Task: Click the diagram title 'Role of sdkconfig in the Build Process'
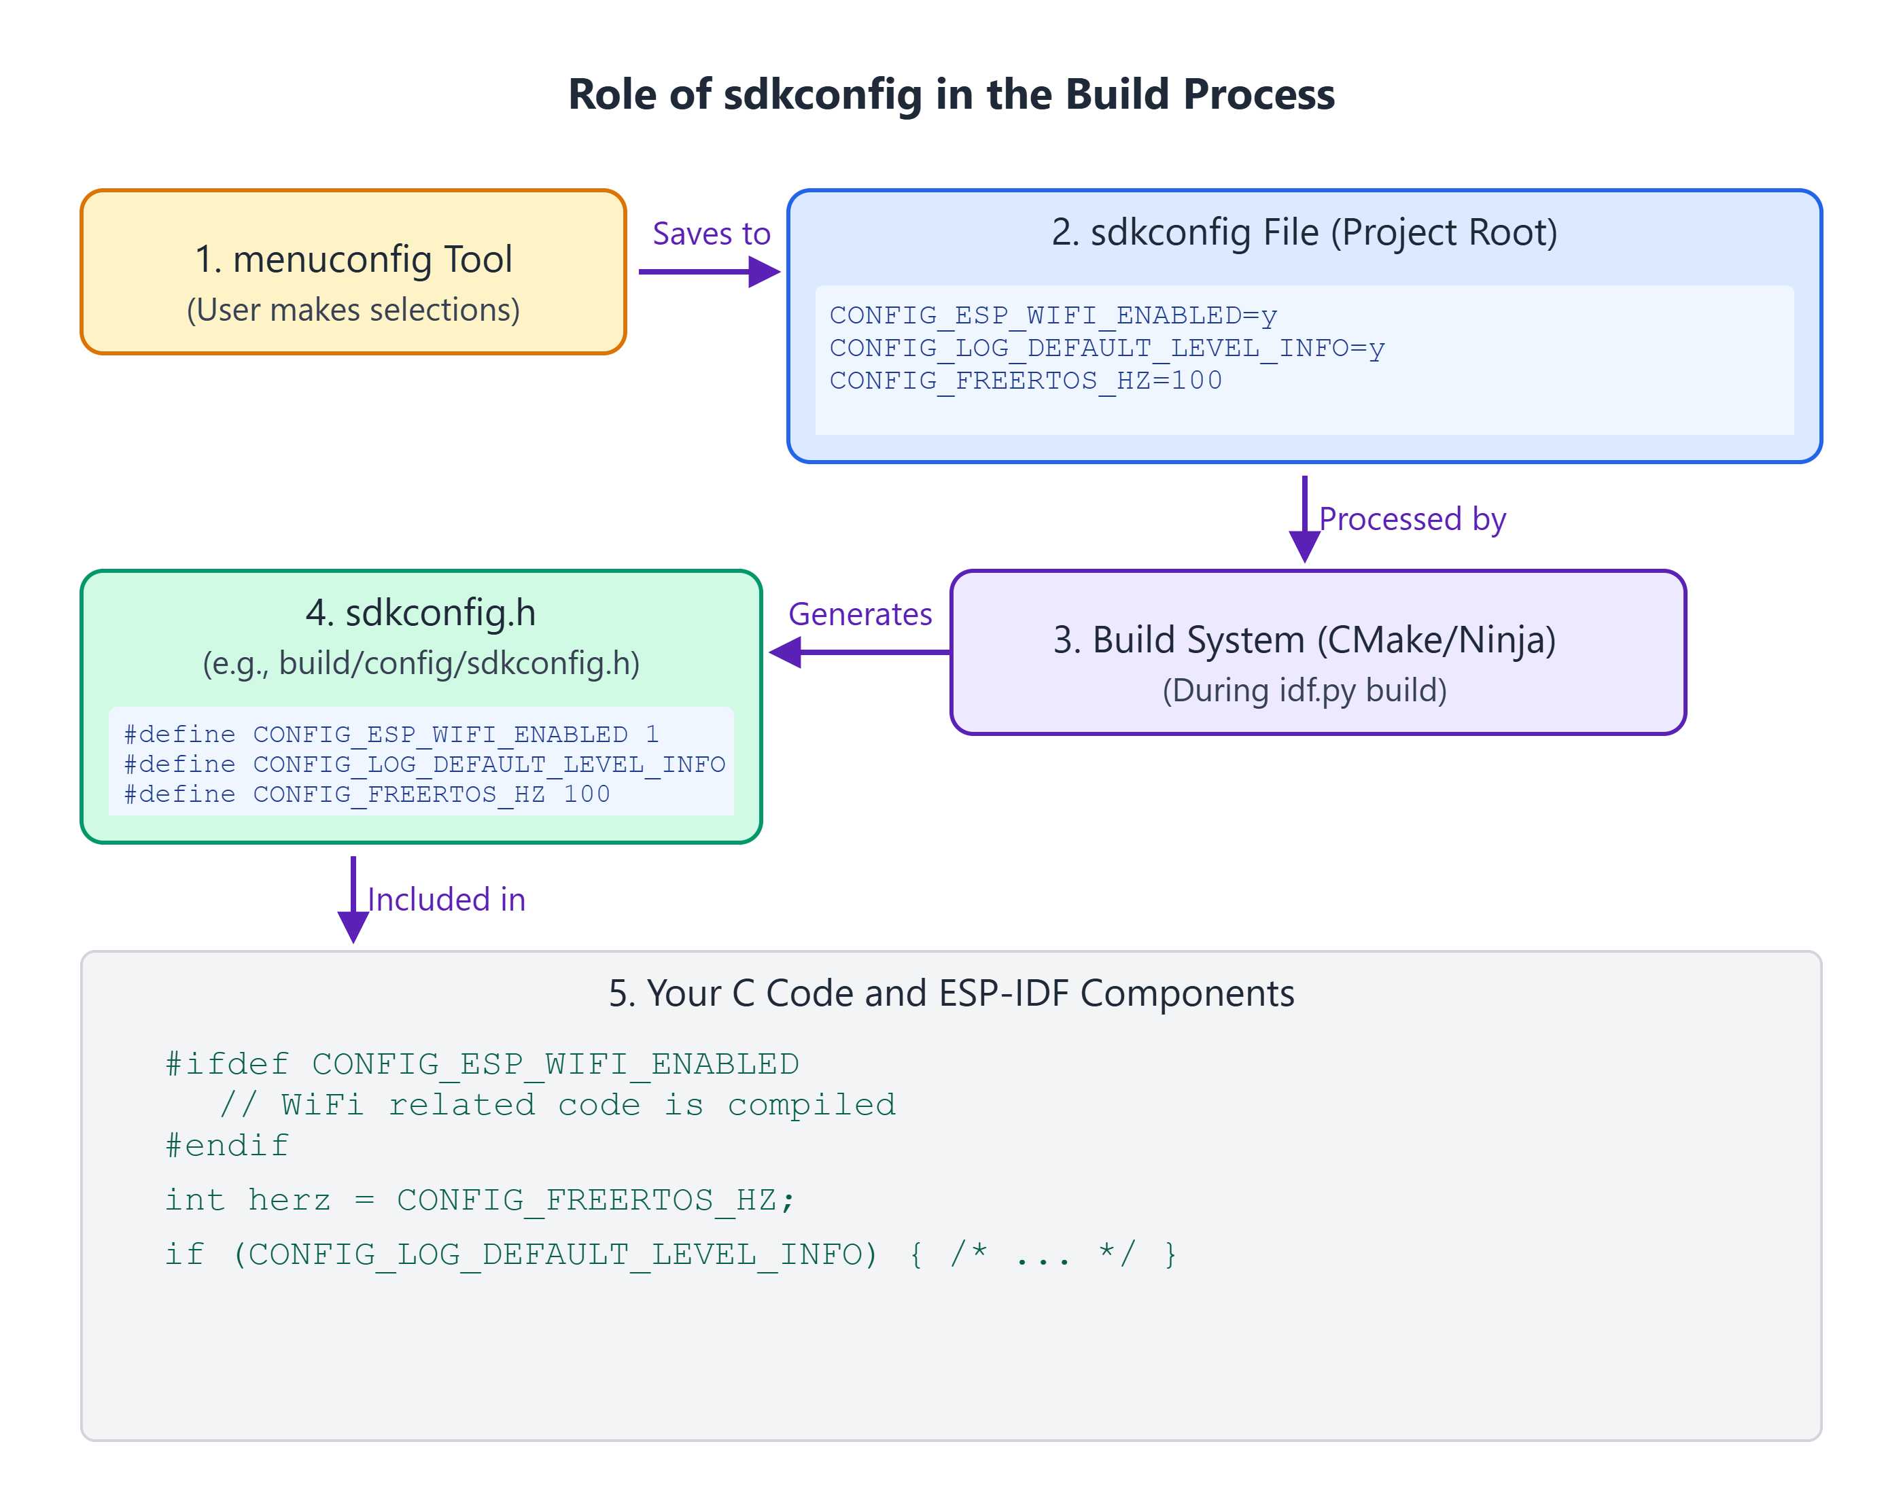point(951,94)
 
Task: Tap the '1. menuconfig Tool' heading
point(353,259)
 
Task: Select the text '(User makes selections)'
point(353,310)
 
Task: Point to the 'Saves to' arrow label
point(711,234)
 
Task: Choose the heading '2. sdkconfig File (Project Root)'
point(1304,232)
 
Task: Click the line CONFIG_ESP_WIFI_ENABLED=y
point(1053,315)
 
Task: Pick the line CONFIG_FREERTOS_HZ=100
point(1025,381)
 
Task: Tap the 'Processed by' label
point(1412,519)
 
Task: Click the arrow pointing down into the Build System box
point(1304,519)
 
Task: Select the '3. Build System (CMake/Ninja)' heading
point(1304,640)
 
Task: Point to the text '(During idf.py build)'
point(1304,690)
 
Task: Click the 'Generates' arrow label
point(860,614)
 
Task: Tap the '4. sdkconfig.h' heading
point(420,613)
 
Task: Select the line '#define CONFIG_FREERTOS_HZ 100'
point(367,794)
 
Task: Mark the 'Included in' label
point(447,900)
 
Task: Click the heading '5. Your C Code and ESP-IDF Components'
point(951,993)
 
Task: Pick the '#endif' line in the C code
point(228,1146)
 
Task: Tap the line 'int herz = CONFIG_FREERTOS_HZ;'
point(480,1200)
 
